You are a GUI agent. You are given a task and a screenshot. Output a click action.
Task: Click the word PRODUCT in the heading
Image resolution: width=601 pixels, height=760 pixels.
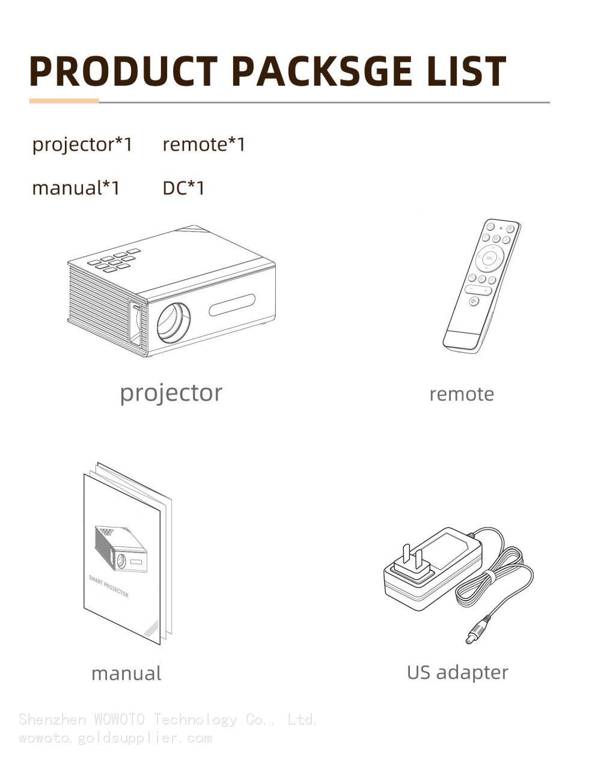tap(124, 71)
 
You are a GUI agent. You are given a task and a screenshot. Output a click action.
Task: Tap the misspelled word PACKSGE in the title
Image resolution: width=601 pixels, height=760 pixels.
tap(322, 71)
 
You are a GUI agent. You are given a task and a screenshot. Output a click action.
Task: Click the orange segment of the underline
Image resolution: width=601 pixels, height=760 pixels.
tap(64, 101)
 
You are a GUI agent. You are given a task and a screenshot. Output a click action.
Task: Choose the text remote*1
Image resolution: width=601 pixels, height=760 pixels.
tap(204, 144)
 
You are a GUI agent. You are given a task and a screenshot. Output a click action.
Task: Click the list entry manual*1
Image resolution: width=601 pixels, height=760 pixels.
tap(76, 188)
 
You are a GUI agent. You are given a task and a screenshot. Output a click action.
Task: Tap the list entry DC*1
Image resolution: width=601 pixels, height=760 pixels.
tap(183, 188)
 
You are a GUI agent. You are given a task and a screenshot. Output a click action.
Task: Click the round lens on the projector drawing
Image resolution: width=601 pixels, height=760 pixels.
tap(174, 322)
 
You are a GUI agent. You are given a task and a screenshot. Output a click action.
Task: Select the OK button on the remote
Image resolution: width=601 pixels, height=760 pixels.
tap(489, 258)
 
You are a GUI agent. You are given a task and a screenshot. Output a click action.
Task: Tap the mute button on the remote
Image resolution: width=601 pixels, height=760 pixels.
tap(474, 301)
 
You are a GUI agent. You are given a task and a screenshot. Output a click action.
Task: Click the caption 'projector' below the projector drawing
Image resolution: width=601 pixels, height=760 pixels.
tap(171, 394)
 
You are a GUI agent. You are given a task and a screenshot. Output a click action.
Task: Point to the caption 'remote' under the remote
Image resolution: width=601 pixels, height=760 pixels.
tap(462, 394)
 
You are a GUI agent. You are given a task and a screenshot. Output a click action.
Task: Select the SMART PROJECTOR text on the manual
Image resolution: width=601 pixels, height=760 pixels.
tap(108, 586)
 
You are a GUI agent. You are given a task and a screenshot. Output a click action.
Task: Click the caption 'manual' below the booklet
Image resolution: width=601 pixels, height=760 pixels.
tap(126, 673)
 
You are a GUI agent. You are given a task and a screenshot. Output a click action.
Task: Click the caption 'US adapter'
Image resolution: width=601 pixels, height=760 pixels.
tap(457, 672)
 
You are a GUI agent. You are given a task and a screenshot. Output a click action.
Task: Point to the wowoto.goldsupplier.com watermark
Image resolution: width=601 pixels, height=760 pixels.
tap(115, 738)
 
